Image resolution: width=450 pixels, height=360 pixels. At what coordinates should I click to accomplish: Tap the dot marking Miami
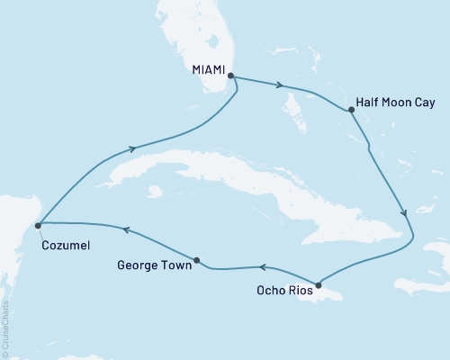[229, 76]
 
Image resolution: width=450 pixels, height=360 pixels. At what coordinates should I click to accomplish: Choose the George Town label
[154, 265]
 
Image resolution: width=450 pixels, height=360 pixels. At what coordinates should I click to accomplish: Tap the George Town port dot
[196, 261]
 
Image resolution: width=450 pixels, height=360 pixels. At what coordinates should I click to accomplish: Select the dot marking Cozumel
[37, 225]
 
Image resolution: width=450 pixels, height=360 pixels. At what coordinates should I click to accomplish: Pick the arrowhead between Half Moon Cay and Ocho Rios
[404, 213]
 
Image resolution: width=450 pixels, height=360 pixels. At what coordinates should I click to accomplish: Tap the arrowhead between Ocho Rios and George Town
[262, 266]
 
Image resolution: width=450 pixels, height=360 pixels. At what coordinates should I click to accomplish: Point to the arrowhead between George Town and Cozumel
[126, 230]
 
